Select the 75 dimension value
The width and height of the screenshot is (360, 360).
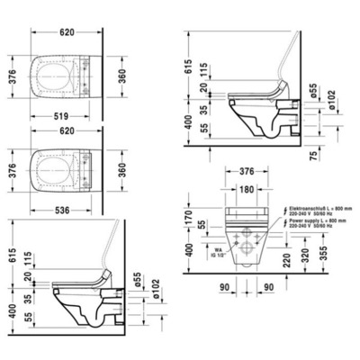pos(337,156)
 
